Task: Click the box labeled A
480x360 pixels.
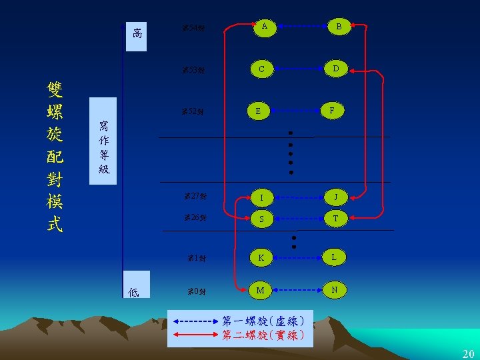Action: click(264, 27)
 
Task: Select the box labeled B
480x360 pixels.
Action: click(338, 27)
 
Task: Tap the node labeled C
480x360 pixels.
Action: click(262, 69)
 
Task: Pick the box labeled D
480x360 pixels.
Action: click(336, 69)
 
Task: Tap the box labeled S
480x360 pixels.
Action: click(262, 218)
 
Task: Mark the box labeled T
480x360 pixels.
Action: click(335, 218)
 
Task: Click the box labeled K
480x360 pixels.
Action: click(261, 257)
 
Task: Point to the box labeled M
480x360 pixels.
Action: click(261, 290)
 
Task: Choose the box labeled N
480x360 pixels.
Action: click(336, 290)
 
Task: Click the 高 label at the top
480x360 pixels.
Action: click(137, 33)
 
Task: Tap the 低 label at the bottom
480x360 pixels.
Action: click(134, 291)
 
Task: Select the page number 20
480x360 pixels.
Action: click(468, 353)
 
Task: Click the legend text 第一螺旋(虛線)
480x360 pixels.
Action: click(263, 321)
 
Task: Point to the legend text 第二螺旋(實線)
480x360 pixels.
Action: click(263, 335)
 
